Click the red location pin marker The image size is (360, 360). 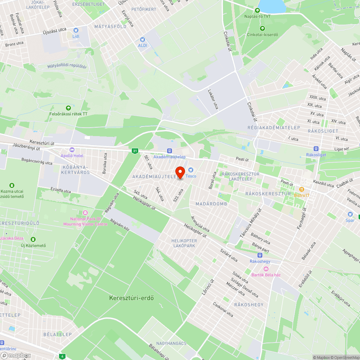click(180, 172)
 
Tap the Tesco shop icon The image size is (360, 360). click(191, 170)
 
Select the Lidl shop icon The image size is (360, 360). click(76, 31)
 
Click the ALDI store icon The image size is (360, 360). click(143, 40)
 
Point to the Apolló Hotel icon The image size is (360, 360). click(72, 150)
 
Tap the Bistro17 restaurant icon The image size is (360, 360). click(301, 189)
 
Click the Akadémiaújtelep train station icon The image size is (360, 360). click(170, 150)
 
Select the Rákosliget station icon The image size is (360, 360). click(316, 149)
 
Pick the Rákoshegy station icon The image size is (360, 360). click(260, 255)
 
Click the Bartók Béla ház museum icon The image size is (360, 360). click(266, 269)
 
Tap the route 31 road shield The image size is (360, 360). click(135, 150)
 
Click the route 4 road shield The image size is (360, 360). click(62, 356)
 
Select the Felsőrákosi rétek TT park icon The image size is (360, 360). click(68, 108)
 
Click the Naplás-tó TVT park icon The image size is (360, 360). click(257, 10)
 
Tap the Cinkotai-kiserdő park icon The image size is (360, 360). click(262, 28)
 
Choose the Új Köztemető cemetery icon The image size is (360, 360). click(33, 239)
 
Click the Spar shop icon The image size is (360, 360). click(350, 214)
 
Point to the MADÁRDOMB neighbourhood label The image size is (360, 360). click(211, 204)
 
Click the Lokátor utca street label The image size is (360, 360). click(213, 99)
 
